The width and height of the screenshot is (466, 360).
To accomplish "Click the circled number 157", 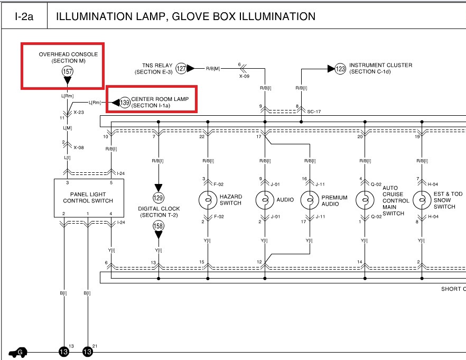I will point(67,70).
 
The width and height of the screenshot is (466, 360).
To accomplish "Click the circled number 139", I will point(125,103).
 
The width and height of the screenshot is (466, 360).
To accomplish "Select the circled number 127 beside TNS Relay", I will point(181,68).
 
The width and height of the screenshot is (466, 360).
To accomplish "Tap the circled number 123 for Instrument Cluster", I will point(340,69).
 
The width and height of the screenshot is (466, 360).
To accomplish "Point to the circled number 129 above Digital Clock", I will point(158,198).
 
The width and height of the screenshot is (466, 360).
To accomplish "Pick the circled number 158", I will point(158,226).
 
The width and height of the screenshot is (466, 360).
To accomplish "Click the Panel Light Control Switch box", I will point(88,198).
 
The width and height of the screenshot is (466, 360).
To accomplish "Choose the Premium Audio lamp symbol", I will point(309,200).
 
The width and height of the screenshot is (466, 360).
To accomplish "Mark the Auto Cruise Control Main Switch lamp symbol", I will point(364,200).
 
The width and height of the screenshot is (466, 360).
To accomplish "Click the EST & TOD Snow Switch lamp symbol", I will point(421,200).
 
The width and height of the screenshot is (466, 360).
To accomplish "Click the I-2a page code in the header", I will point(24,16).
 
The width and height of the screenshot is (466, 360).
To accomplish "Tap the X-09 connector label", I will point(244,76).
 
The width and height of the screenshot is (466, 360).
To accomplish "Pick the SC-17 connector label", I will point(314,111).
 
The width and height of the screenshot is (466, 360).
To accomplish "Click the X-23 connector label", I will point(79,112).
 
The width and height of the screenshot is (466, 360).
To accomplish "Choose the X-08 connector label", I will point(79,149).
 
